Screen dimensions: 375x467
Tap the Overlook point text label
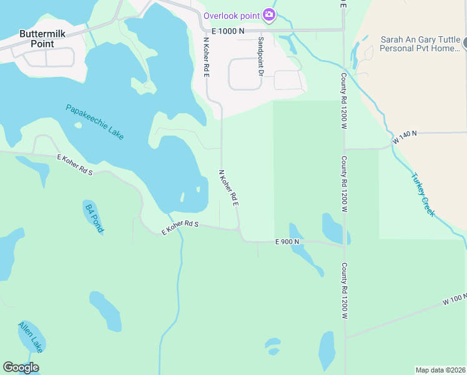pyautogui.click(x=231, y=15)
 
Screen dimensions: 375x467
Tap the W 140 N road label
pyautogui.click(x=405, y=137)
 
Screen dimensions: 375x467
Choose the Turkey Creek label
pyautogui.click(x=423, y=194)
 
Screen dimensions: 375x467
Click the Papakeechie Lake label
pyautogui.click(x=95, y=121)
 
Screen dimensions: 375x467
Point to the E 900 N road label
pyautogui.click(x=287, y=242)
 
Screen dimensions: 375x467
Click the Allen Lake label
pyautogui.click(x=29, y=336)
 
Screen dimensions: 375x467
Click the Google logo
pyautogui.click(x=21, y=367)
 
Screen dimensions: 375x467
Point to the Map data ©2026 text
pyautogui.click(x=440, y=369)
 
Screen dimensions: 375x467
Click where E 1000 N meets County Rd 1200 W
pyautogui.click(x=344, y=29)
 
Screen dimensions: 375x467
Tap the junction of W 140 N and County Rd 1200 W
pyautogui.click(x=344, y=149)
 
